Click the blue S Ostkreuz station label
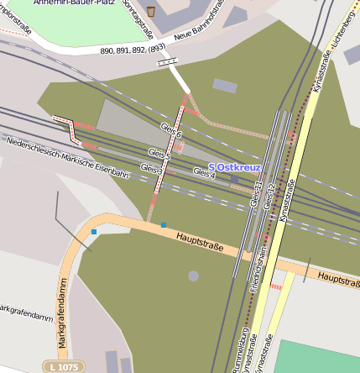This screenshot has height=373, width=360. click(234, 167)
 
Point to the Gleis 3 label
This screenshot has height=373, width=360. click(152, 169)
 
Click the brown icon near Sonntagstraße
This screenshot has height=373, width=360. click(151, 12)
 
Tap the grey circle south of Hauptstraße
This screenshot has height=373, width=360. click(194, 276)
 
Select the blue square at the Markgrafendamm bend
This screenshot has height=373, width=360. click(94, 231)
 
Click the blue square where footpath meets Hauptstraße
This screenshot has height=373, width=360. click(164, 225)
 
